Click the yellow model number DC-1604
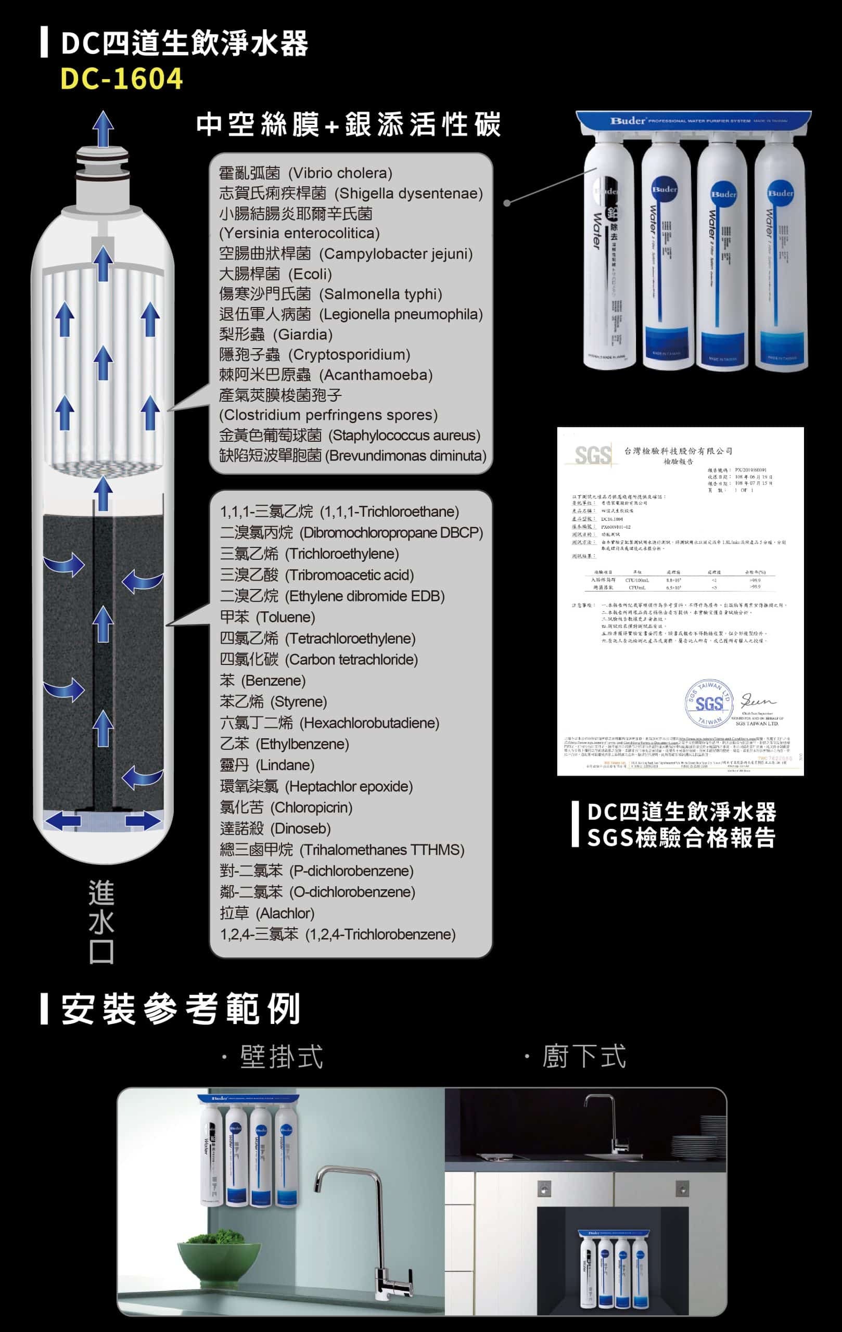[x=121, y=79]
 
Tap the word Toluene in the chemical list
[x=286, y=617]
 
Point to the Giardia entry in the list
[x=304, y=335]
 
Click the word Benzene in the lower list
[x=273, y=681]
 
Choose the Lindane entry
[x=284, y=765]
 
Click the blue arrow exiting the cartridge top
[x=103, y=129]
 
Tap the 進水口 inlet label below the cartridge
[x=101, y=921]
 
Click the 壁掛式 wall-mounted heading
[x=280, y=1057]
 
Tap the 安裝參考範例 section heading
[x=181, y=1009]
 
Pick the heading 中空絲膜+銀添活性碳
[x=349, y=124]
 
